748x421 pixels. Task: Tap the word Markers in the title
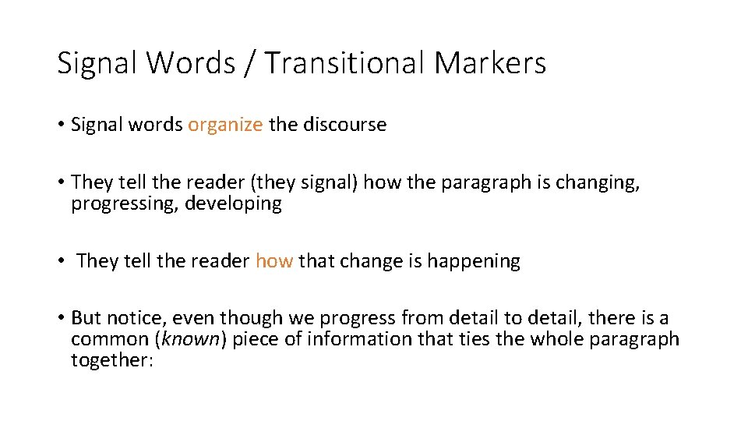pyautogui.click(x=490, y=63)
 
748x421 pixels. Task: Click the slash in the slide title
pyautogui.click(x=249, y=63)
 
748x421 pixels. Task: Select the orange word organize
pyautogui.click(x=225, y=125)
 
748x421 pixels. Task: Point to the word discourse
pyautogui.click(x=344, y=125)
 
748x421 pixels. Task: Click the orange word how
pyautogui.click(x=274, y=261)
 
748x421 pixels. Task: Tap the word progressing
pyautogui.click(x=124, y=204)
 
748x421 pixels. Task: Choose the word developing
pyautogui.click(x=233, y=204)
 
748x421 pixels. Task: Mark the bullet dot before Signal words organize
pyautogui.click(x=60, y=125)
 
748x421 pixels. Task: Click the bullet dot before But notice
pyautogui.click(x=60, y=318)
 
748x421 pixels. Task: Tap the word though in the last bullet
pyautogui.click(x=242, y=318)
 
